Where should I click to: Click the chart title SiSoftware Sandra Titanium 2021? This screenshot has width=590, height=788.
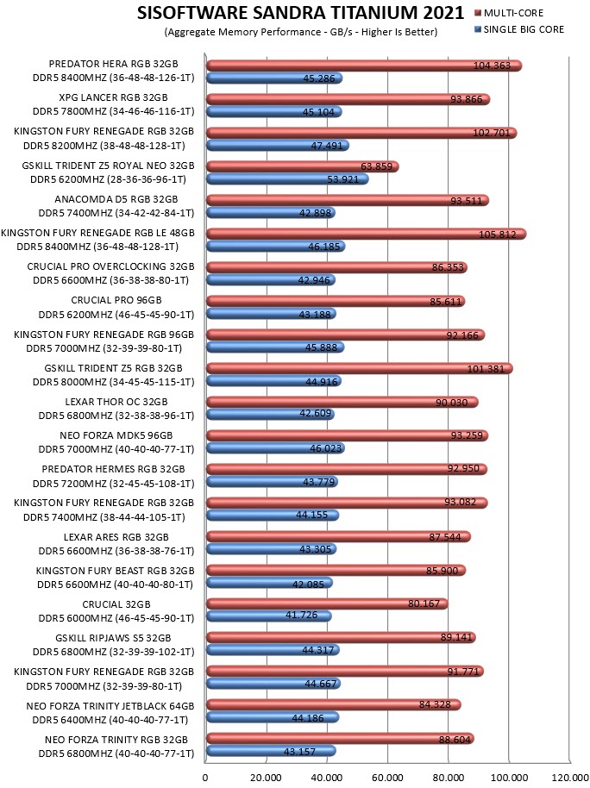(x=300, y=13)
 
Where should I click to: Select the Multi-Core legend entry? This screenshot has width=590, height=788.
(x=509, y=13)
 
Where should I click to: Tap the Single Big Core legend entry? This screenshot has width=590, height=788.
(x=519, y=29)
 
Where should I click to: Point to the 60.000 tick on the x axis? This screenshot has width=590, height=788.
(x=387, y=778)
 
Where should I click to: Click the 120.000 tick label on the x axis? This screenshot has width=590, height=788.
(x=569, y=778)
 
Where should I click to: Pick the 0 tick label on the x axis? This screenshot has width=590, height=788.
(x=205, y=778)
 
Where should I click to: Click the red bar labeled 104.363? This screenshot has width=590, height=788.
(x=364, y=66)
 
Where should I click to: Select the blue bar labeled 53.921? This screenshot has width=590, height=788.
(x=287, y=179)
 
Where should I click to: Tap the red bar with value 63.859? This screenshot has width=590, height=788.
(x=303, y=166)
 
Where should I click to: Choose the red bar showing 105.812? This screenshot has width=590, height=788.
(x=367, y=234)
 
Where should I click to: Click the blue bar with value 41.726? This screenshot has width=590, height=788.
(x=269, y=616)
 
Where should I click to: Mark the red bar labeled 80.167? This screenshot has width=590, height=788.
(x=327, y=603)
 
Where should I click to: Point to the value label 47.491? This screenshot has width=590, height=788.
(x=326, y=146)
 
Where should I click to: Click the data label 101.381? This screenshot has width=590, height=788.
(x=486, y=369)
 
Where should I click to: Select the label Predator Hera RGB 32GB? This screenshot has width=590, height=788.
(x=113, y=64)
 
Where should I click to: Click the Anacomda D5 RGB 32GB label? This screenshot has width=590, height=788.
(x=116, y=199)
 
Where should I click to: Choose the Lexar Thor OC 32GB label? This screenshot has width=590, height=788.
(x=116, y=402)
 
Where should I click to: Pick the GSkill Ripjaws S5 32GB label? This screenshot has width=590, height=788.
(x=113, y=638)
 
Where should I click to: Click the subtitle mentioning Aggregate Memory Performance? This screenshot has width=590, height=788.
(x=301, y=32)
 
